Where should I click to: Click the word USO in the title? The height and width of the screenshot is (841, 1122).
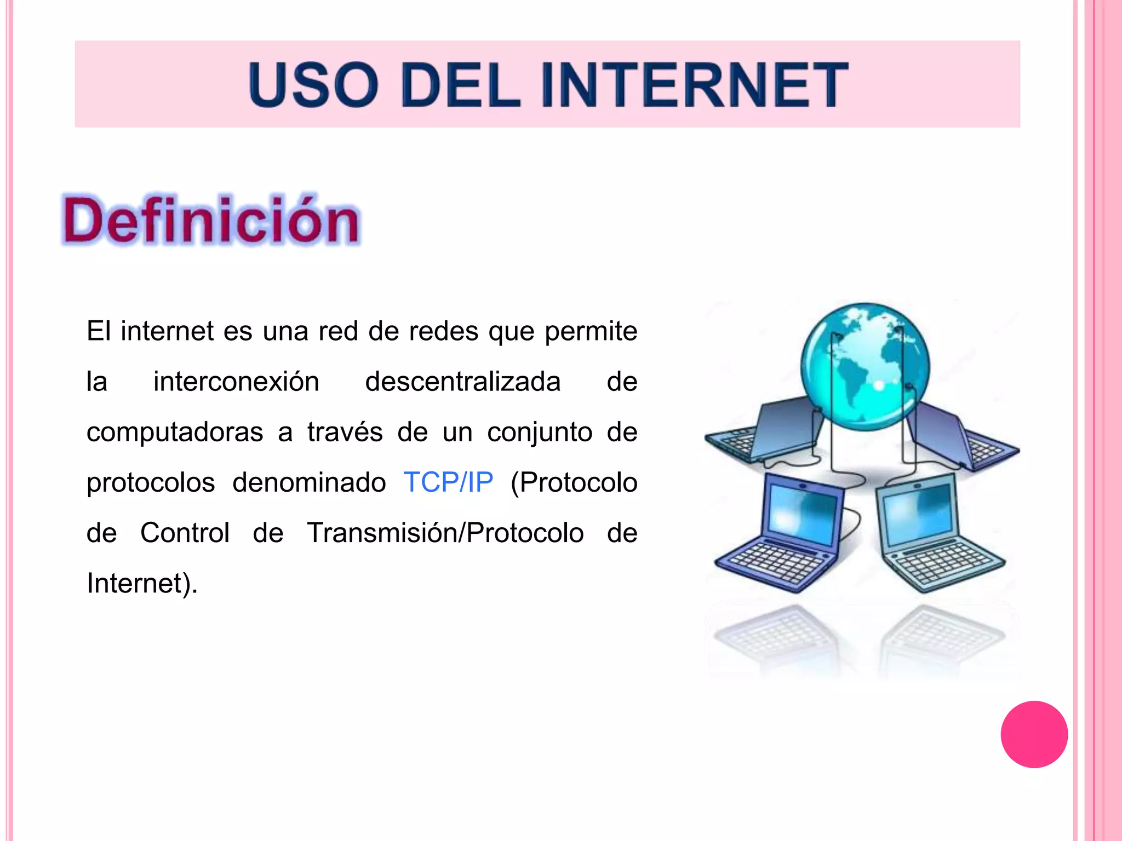coord(313,85)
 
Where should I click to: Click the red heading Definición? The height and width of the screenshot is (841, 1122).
coord(211,221)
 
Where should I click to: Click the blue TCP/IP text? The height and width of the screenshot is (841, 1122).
coord(448,482)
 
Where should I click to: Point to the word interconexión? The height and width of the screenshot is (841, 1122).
coord(236,382)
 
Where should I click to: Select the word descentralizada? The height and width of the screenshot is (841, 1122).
coord(463,382)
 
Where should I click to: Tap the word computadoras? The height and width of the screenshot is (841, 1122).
coord(175,432)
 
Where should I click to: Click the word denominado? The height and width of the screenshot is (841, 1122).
coord(309,482)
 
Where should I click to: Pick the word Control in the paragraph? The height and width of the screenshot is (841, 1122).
coord(185,533)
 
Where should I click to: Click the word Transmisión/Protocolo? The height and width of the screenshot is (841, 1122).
coord(445,533)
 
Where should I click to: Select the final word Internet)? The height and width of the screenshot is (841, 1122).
coord(142,583)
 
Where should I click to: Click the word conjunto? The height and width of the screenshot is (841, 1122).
coord(540,432)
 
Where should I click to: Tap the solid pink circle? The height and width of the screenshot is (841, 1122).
coord(1034,734)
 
